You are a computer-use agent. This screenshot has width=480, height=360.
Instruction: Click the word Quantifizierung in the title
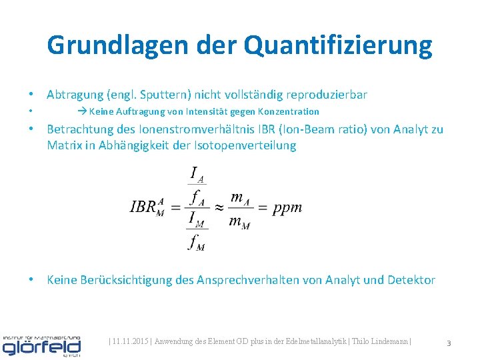(338, 45)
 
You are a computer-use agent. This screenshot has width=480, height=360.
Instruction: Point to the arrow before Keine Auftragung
(82, 111)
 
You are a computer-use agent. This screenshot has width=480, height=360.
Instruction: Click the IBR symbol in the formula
(146, 207)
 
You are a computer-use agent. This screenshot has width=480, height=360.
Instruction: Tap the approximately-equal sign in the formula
(217, 207)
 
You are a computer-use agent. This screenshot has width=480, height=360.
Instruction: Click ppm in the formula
(288, 207)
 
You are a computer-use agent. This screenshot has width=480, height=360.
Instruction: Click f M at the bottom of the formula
(197, 243)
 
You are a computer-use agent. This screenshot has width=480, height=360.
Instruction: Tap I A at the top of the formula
(197, 175)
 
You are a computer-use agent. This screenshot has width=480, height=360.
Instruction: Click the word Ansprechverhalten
(248, 280)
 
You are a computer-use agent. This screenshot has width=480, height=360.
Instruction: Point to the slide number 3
(449, 343)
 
